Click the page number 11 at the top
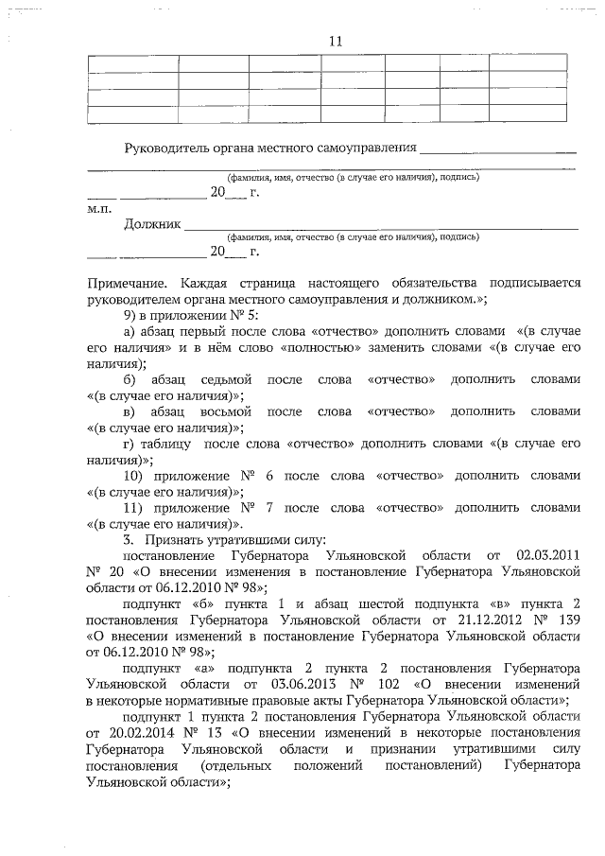point(335,41)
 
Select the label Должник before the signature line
point(150,224)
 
